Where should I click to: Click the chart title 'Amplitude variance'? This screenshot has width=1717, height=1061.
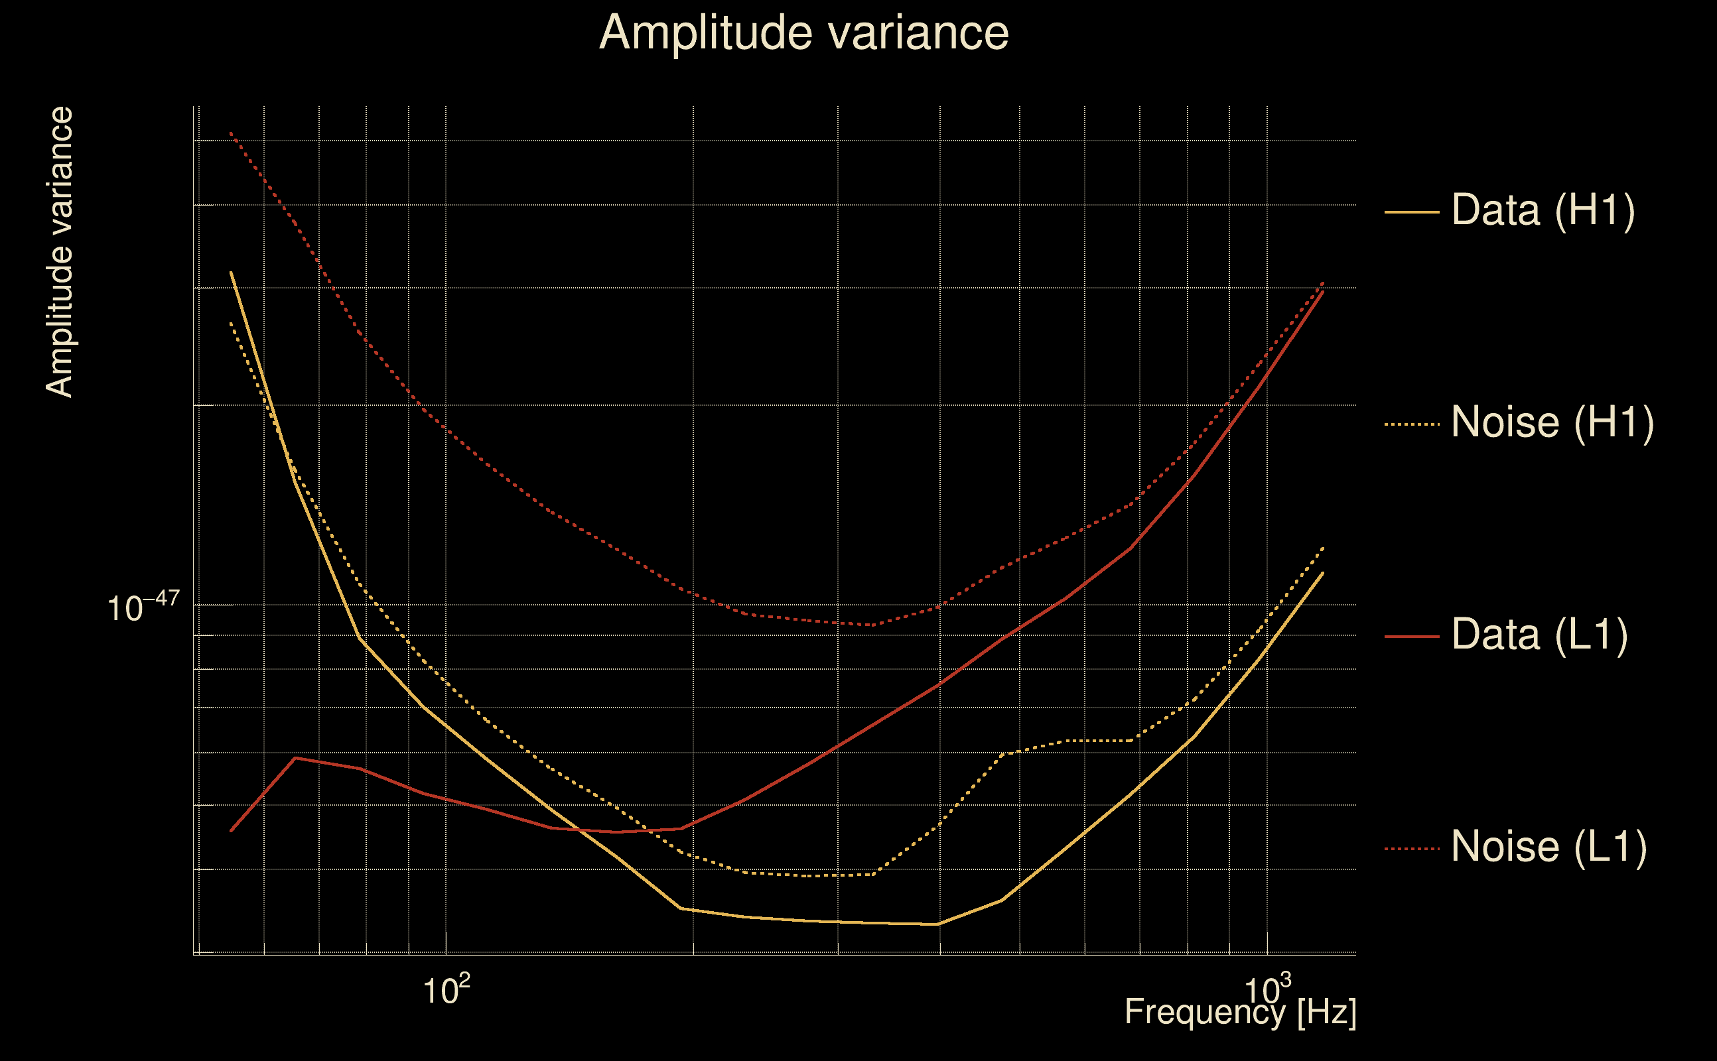coord(803,33)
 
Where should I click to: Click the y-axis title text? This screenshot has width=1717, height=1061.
coord(59,253)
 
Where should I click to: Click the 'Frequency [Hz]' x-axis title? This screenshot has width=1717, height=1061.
coord(1241,1012)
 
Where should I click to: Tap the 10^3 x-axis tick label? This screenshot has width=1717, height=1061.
coord(1267,990)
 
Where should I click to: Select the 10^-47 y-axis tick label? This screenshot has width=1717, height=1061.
coord(143,607)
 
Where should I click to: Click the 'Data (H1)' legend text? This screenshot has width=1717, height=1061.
coord(1543,210)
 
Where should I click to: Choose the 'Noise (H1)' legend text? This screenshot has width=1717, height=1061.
coord(1552,422)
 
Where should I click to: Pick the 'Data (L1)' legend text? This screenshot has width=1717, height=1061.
coord(1539,635)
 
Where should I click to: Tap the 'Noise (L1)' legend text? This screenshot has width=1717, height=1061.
coord(1548,847)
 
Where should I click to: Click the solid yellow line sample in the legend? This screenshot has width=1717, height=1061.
coord(1412,212)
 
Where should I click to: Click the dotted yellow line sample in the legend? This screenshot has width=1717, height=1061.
coord(1412,424)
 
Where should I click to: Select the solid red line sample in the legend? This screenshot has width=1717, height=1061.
coord(1412,637)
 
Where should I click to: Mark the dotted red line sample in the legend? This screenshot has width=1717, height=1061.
coord(1412,849)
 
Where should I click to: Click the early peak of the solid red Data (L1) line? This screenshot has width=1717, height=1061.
coord(295,758)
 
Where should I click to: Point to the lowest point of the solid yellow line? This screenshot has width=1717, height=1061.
coord(939,924)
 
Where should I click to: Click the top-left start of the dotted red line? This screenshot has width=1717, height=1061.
coord(231,133)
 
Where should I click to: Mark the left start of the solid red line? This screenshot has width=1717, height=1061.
coord(231,831)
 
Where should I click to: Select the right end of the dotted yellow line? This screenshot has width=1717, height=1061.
coord(1323,547)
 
